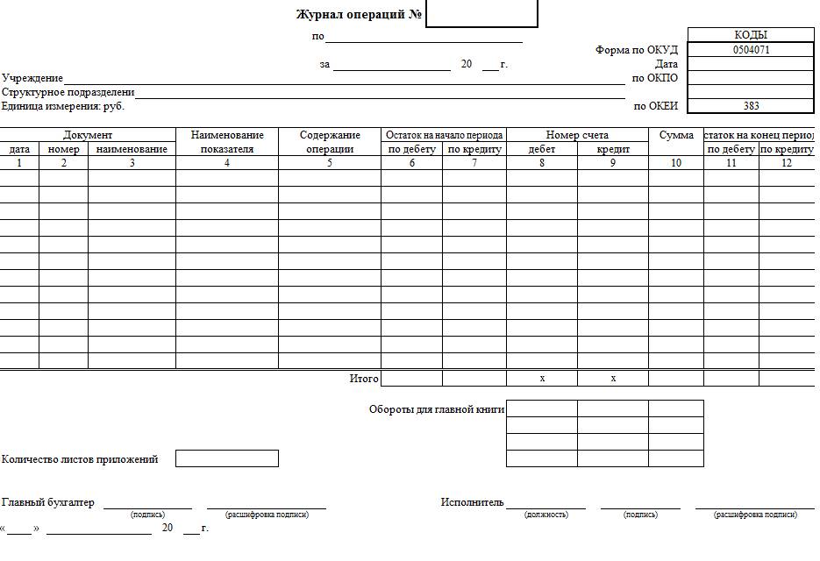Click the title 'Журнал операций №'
(x=360, y=15)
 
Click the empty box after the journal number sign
(x=481, y=14)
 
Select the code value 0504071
(x=751, y=50)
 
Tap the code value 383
(x=751, y=106)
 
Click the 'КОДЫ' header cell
(x=751, y=35)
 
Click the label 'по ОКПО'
(x=655, y=78)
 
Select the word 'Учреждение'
(x=32, y=78)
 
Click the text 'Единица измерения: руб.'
(x=63, y=106)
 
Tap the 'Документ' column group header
(x=88, y=135)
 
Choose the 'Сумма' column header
(x=676, y=135)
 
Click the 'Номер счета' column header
(x=577, y=135)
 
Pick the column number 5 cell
(x=330, y=163)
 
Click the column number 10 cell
(x=676, y=163)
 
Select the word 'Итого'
(x=364, y=379)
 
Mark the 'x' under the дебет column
(x=542, y=379)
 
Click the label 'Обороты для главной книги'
(x=436, y=408)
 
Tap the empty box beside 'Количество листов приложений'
(x=226, y=458)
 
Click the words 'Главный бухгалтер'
(x=48, y=502)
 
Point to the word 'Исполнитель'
(x=472, y=502)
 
